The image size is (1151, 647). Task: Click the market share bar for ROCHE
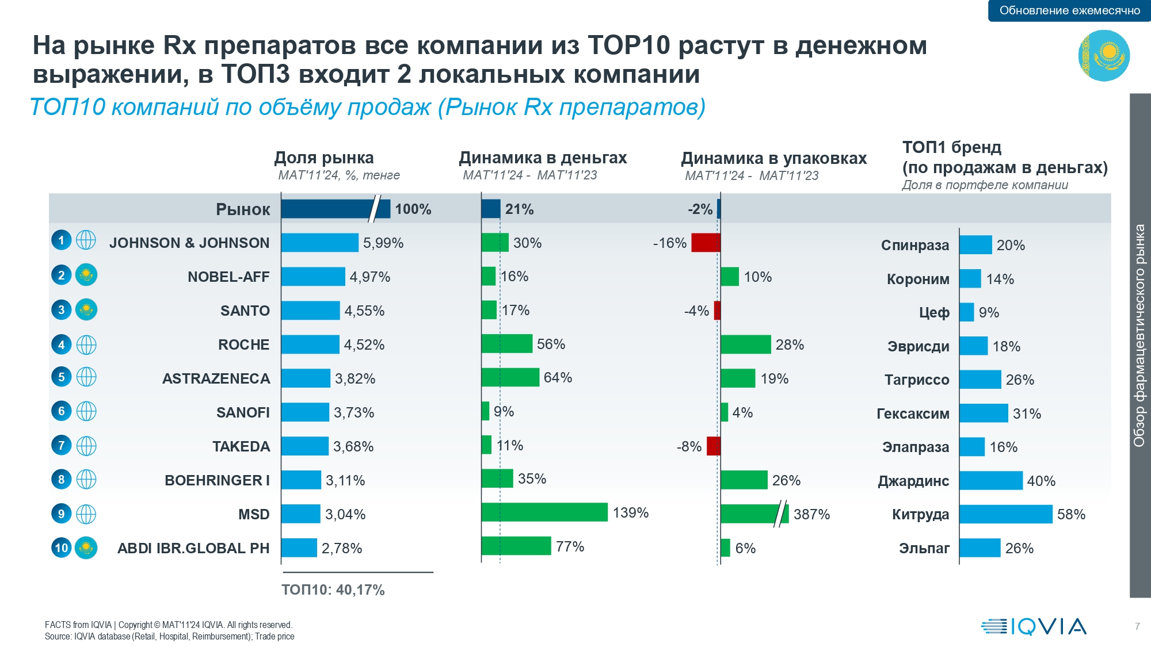[310, 344]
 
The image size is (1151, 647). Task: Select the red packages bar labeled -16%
[706, 243]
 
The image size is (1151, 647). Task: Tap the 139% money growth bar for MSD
[544, 512]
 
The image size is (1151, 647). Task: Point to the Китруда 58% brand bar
[1005, 514]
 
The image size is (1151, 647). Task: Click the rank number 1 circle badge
[62, 240]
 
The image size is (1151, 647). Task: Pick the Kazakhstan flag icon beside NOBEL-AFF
[86, 275]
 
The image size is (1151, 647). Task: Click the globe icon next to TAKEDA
[86, 446]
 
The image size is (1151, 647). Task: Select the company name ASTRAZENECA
[216, 378]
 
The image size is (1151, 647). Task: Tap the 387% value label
[811, 514]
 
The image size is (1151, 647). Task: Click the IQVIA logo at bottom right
[1034, 626]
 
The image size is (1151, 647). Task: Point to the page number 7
[1137, 626]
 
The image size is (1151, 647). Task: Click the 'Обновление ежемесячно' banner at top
[1069, 10]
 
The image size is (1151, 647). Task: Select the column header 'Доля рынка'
[324, 158]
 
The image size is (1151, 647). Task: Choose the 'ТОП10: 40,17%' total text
[333, 589]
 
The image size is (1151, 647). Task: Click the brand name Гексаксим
[913, 414]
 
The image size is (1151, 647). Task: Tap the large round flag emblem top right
[1104, 55]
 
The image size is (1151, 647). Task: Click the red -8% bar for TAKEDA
[713, 446]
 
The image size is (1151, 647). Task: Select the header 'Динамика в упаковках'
[773, 158]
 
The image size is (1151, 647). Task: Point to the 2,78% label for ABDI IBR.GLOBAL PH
[342, 548]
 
